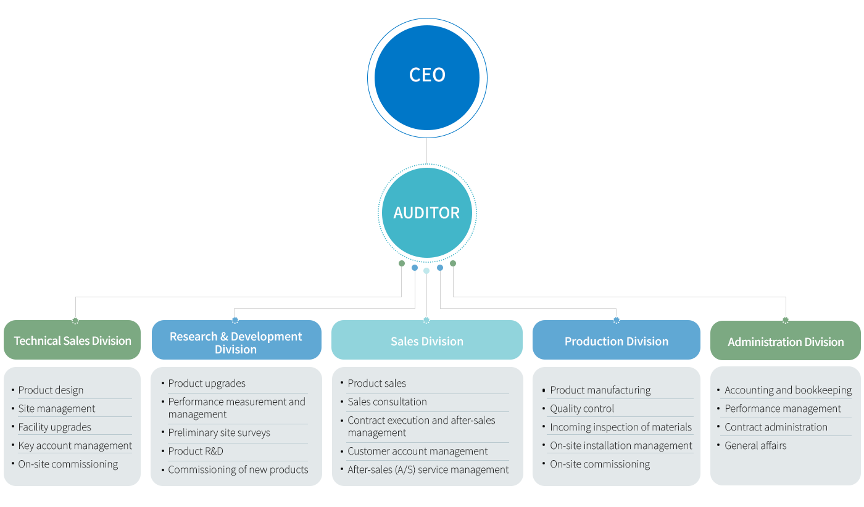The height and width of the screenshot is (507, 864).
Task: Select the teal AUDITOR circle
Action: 427,213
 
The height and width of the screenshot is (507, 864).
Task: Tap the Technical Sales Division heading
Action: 73,340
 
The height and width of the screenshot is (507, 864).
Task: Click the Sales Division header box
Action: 427,341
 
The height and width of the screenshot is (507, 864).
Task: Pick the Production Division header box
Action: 617,341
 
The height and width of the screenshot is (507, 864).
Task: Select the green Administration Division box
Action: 786,342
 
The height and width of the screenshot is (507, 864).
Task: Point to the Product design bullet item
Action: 51,390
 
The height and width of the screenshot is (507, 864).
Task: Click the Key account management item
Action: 75,445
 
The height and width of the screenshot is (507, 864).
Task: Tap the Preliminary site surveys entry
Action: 219,432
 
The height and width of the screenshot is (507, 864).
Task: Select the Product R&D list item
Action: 196,451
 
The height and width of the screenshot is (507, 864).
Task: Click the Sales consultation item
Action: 387,402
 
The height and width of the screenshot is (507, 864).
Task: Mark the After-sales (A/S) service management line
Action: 428,469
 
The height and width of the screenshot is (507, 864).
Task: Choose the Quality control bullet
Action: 582,408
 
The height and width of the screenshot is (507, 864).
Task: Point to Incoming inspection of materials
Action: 621,427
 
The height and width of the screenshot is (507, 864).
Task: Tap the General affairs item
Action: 755,445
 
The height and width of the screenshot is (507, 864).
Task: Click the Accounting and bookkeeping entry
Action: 788,390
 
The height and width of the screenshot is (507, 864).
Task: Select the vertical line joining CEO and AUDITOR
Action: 426,150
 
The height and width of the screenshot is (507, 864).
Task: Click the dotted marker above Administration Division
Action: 786,320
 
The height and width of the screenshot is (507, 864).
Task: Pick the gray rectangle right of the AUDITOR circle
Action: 698,280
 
